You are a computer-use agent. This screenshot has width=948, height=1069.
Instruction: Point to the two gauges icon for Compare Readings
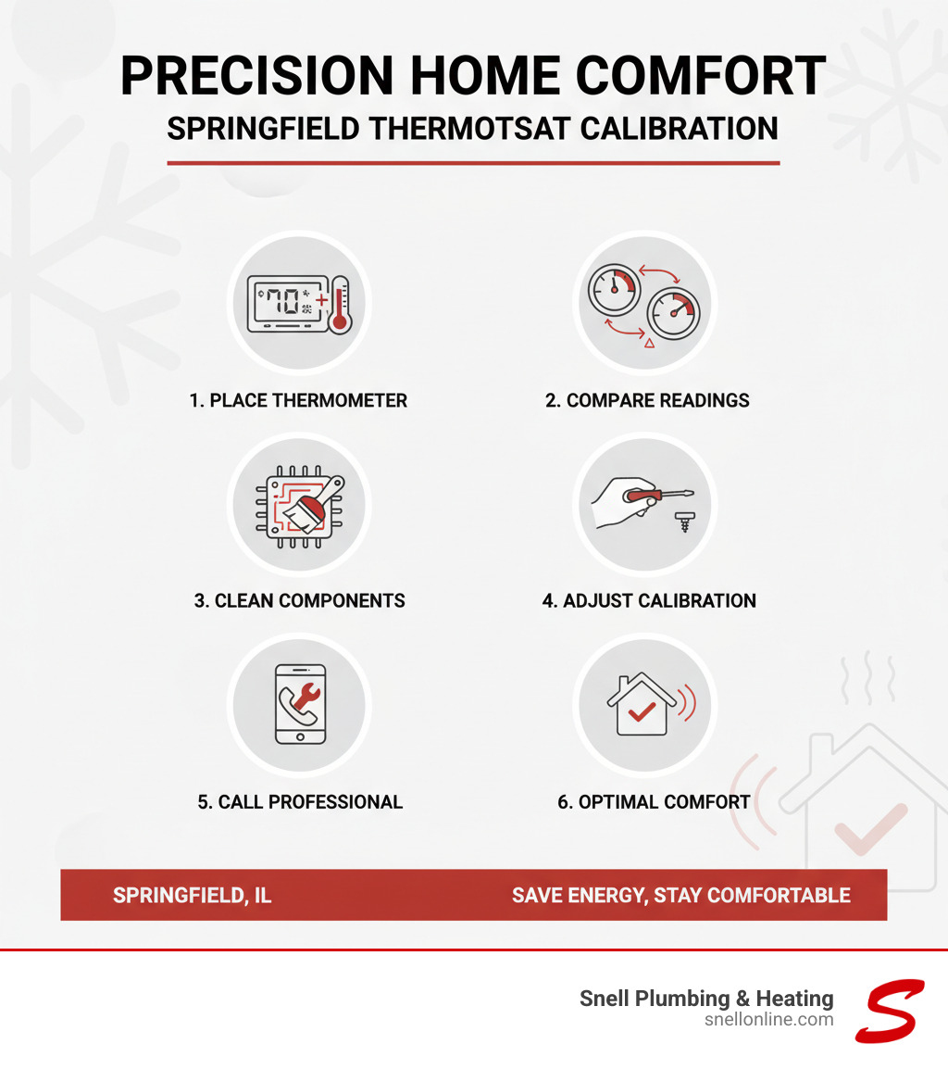tap(644, 301)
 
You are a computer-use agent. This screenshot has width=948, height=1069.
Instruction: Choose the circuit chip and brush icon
tap(299, 505)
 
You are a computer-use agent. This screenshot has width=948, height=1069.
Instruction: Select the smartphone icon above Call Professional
tap(299, 703)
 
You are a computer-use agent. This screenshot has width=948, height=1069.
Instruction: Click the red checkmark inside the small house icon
tap(640, 711)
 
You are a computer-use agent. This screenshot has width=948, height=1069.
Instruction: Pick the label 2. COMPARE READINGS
tap(647, 401)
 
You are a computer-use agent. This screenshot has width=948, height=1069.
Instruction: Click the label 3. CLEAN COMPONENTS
tap(299, 600)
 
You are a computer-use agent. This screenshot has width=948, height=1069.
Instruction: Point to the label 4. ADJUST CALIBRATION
tap(649, 600)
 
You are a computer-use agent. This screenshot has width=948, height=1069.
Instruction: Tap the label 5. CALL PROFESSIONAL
tap(300, 802)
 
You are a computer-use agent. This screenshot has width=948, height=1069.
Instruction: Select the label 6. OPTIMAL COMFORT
tap(654, 802)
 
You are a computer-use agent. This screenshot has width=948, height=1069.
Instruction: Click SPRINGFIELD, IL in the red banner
tap(192, 895)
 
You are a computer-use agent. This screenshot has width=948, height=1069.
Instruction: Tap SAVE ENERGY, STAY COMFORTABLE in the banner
tap(680, 895)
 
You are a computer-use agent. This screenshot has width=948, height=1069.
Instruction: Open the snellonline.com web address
tap(768, 1020)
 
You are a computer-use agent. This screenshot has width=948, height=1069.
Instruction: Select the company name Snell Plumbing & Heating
tap(706, 999)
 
